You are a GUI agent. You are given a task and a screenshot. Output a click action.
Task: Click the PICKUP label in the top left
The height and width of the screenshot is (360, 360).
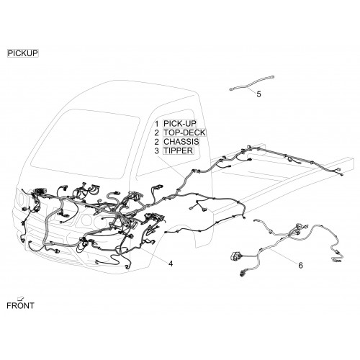tap(23, 53)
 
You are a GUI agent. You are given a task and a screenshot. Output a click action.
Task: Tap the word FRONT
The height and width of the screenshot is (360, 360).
tap(20, 306)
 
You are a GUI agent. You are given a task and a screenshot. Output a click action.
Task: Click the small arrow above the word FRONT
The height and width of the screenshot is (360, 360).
tap(22, 298)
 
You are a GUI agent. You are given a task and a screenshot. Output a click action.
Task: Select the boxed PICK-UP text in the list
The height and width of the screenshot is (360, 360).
tap(180, 124)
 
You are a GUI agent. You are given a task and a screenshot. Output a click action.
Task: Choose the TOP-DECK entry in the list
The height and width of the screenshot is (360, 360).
tap(184, 132)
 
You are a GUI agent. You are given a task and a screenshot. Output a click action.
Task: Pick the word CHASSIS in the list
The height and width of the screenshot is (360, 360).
tap(181, 142)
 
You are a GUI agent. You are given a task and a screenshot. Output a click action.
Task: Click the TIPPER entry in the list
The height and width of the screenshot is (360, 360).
tap(178, 150)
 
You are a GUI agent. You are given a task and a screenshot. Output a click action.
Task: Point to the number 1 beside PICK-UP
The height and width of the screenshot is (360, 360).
tap(157, 124)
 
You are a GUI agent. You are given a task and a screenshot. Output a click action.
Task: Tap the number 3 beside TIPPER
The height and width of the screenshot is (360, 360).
tap(157, 151)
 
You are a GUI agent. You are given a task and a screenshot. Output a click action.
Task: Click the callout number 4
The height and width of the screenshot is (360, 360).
tap(171, 264)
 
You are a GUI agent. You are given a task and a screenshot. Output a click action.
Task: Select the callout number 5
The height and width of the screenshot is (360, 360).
tap(258, 94)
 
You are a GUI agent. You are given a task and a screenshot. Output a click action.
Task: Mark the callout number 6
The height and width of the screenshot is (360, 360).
tap(300, 265)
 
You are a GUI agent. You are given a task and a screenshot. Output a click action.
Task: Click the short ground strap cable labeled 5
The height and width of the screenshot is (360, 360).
tap(252, 84)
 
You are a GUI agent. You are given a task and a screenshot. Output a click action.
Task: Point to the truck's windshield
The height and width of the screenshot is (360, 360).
tap(84, 144)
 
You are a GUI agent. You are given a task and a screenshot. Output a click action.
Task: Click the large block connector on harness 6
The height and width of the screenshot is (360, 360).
tap(235, 256)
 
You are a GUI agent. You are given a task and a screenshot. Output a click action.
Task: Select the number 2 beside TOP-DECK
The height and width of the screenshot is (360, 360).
tap(157, 132)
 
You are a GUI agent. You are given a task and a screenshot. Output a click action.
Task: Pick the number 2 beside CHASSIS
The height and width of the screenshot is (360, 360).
tap(157, 142)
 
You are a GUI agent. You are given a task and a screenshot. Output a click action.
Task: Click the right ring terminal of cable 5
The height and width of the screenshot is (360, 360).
tap(272, 77)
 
